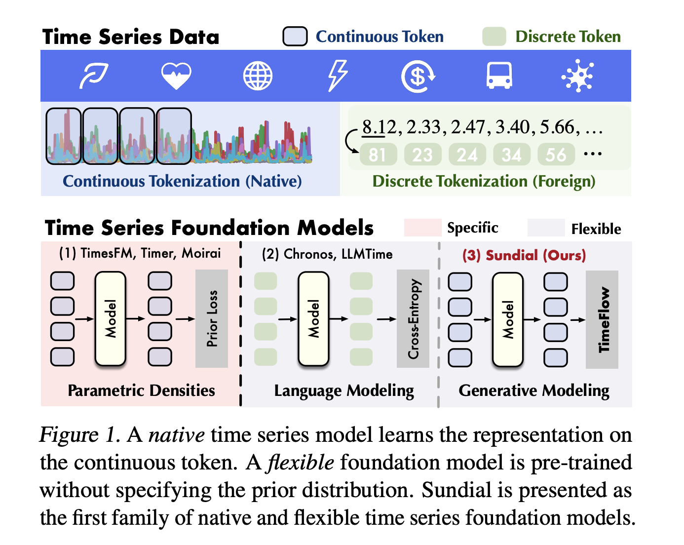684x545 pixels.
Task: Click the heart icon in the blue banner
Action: coord(176,77)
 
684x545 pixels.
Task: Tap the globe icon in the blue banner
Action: coord(258,77)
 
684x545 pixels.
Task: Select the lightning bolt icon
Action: coord(338,76)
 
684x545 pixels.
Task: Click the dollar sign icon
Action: coord(418,77)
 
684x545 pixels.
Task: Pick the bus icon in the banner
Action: coord(499,76)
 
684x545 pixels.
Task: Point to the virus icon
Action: coord(577,77)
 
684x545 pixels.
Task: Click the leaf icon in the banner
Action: coord(94,76)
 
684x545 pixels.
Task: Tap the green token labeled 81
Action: coord(378,155)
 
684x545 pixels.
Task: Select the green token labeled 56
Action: coord(556,155)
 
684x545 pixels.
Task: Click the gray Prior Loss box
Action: coord(212,319)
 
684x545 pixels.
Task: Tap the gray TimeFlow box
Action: coord(602,319)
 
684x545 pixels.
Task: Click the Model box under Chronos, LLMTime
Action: coord(313,319)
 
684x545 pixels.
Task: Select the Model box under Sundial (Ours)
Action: coord(508,319)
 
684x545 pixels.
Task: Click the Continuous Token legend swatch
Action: coord(295,37)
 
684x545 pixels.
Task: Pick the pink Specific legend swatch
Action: coord(422,228)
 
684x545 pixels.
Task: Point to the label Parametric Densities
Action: coord(141,390)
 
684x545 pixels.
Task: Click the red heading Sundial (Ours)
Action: coord(524,255)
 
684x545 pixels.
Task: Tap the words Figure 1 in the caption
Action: coord(79,435)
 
